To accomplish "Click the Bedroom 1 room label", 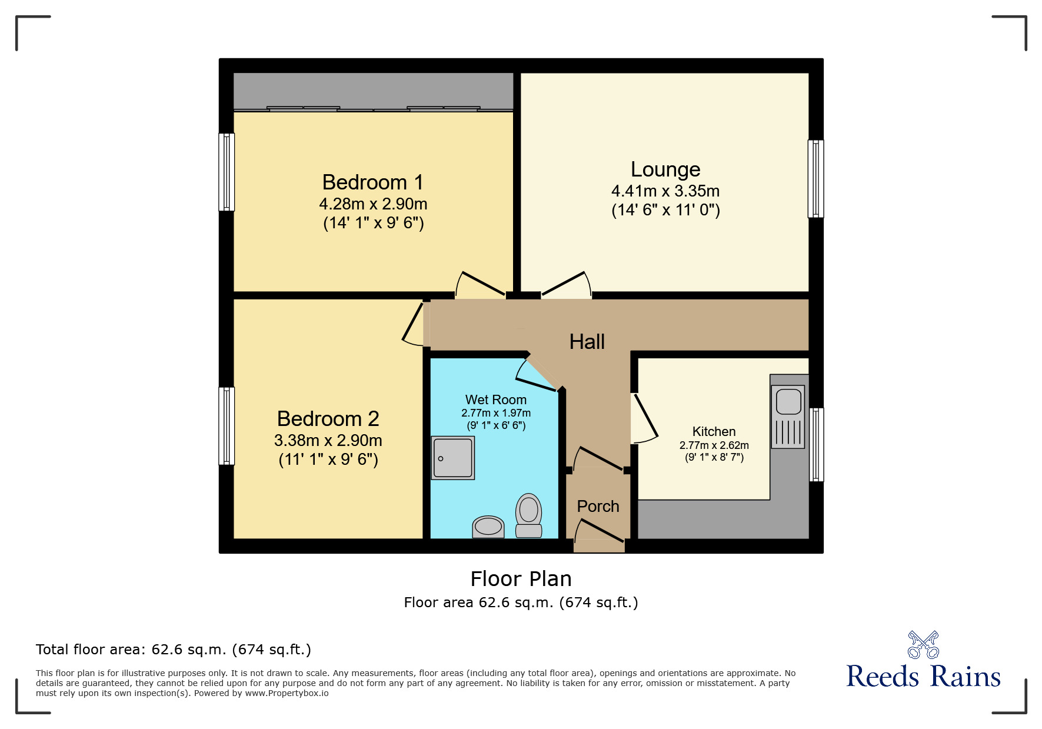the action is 373,182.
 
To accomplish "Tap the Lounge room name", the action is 665,169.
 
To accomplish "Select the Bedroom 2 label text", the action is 328,419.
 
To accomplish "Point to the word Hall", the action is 587,342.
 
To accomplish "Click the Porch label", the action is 598,506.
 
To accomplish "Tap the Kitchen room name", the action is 714,431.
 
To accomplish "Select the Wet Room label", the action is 495,400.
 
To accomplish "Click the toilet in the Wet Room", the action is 528,515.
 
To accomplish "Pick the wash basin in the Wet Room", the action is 488,527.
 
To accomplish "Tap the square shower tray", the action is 452,458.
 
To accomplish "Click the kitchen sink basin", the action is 788,402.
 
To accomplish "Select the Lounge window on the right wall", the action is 815,179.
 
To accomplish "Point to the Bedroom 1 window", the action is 227,172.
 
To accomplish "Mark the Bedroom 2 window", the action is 227,426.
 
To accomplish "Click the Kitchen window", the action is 816,445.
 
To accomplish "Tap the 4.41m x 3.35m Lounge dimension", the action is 665,191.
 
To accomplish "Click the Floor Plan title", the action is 521,579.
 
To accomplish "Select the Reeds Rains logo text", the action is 923,677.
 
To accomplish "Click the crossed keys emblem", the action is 923,645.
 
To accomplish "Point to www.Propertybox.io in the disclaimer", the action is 287,693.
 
